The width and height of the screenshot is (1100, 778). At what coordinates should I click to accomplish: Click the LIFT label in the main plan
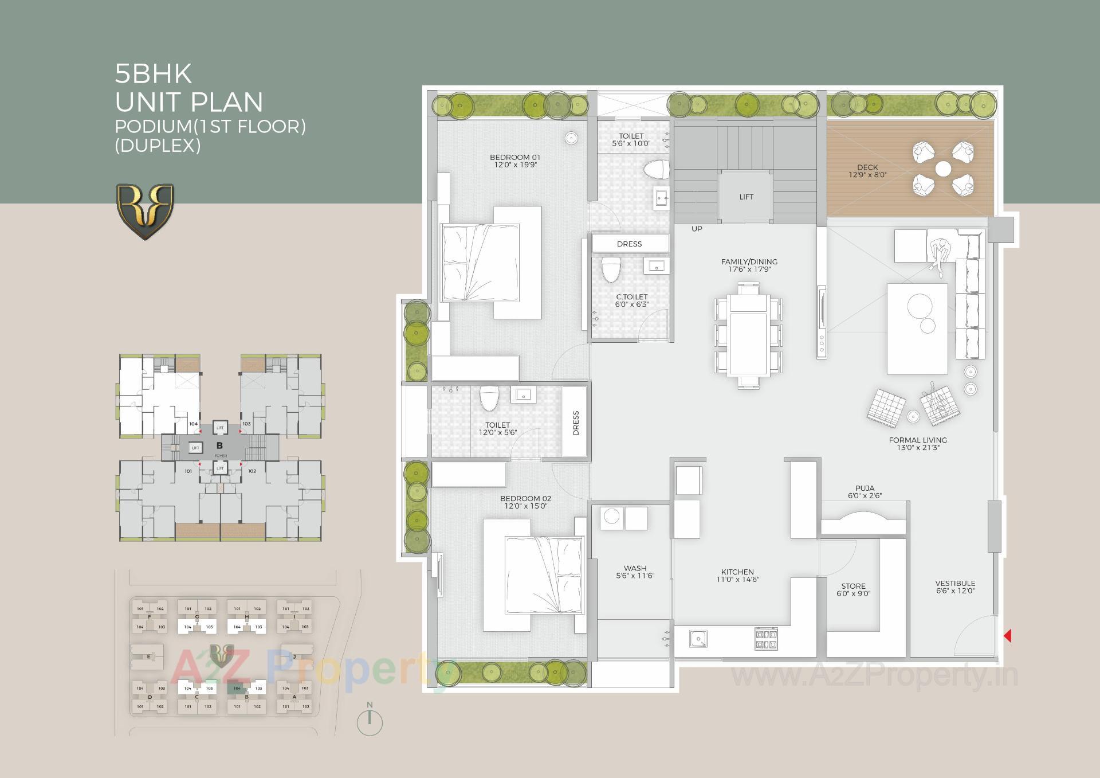pyautogui.click(x=746, y=197)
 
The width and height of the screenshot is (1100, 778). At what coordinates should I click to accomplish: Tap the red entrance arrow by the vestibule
pyautogui.click(x=1008, y=635)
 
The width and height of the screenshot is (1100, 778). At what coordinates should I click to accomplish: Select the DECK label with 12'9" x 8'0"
pyautogui.click(x=867, y=171)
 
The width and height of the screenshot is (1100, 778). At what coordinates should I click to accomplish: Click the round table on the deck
pyautogui.click(x=943, y=169)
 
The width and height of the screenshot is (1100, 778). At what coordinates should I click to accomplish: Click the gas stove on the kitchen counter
pyautogui.click(x=766, y=639)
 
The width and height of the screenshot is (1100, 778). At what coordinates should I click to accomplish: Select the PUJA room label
pyautogui.click(x=865, y=491)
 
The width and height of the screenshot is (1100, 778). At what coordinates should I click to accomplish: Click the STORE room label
pyautogui.click(x=853, y=589)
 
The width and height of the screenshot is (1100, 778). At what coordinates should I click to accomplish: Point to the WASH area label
pyautogui.click(x=635, y=572)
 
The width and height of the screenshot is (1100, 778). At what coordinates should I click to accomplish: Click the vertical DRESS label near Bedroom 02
pyautogui.click(x=576, y=423)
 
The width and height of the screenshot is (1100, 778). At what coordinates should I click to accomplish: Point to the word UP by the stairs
pyautogui.click(x=697, y=229)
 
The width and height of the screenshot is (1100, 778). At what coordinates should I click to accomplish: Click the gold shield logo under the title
pyautogui.click(x=145, y=210)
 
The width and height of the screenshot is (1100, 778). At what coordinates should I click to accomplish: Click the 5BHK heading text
pyautogui.click(x=154, y=74)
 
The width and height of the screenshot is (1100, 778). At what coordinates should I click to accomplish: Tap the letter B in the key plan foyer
pyautogui.click(x=219, y=445)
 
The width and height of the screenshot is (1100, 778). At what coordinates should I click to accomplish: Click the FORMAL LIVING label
pyautogui.click(x=918, y=443)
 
